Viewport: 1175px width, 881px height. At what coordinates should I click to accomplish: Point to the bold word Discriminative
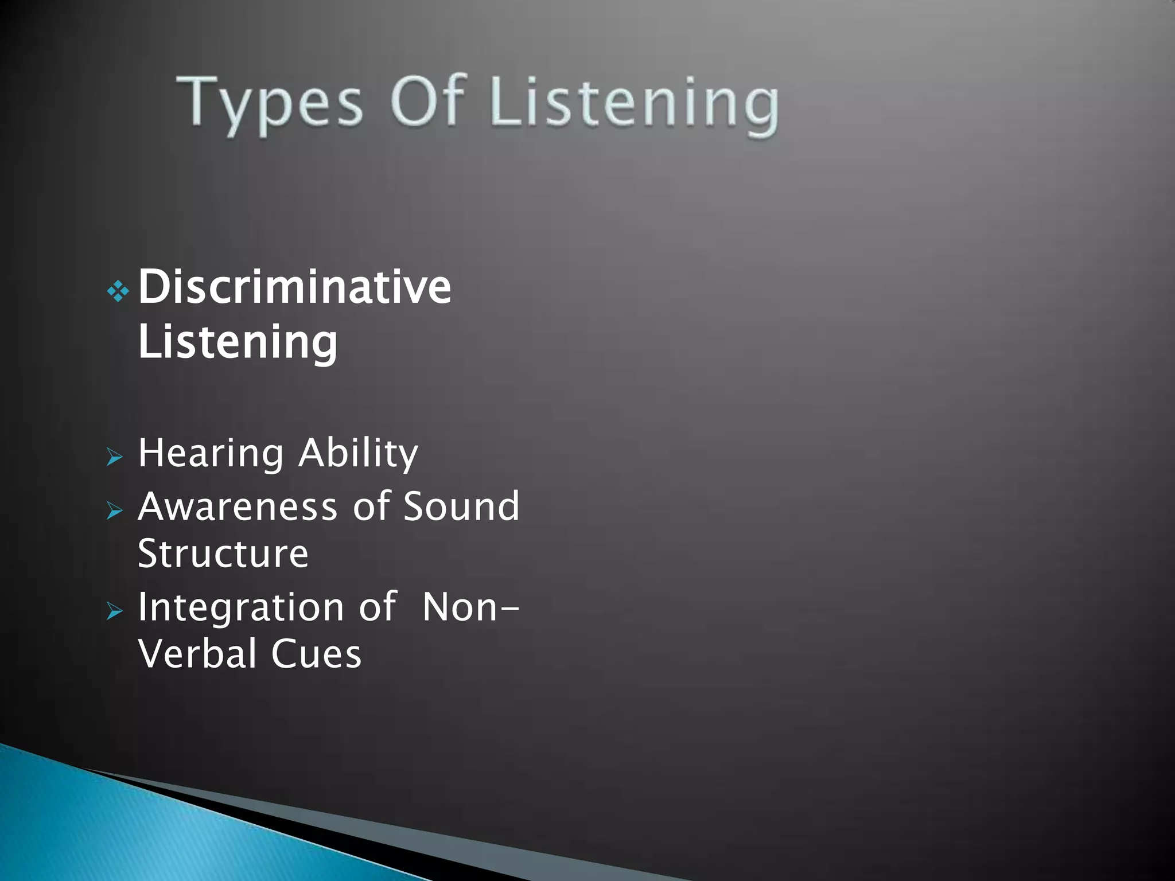(x=294, y=287)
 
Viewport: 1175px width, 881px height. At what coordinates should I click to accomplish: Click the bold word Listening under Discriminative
(x=238, y=342)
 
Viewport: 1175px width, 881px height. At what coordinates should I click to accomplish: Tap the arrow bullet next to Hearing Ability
(x=115, y=457)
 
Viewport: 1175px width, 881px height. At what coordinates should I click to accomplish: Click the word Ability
(x=358, y=453)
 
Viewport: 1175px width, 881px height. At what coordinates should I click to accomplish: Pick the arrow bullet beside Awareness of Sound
(x=115, y=510)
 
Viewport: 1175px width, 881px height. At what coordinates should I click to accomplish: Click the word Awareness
(x=238, y=506)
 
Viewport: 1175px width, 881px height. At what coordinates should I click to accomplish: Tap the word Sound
(x=461, y=506)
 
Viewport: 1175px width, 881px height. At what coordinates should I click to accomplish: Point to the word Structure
(x=223, y=553)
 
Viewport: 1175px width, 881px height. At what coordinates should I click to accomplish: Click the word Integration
(x=240, y=608)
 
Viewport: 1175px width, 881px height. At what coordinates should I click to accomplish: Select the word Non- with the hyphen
(x=470, y=607)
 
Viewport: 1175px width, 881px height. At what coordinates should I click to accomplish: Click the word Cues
(x=316, y=654)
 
